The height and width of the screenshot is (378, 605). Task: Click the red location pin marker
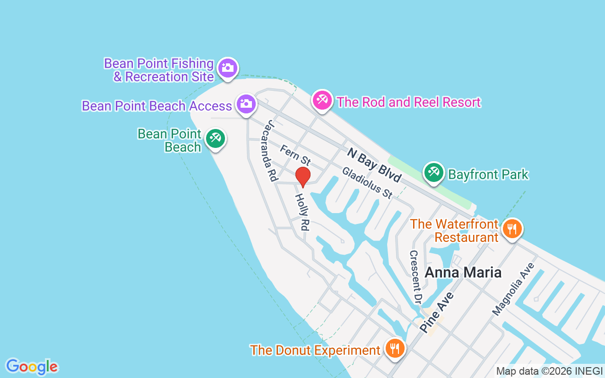(x=303, y=177)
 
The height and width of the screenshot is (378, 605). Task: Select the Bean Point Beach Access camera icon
(x=246, y=103)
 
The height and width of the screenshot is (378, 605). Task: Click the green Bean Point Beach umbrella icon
(x=216, y=138)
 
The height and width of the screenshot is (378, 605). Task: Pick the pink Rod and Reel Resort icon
(x=322, y=100)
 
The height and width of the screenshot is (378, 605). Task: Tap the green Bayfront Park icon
(x=433, y=172)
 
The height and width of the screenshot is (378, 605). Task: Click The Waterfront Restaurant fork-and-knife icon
(x=511, y=229)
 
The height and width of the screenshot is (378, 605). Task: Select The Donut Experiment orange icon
(x=394, y=348)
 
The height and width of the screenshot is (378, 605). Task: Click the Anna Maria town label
(x=463, y=273)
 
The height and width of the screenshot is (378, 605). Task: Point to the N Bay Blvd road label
(x=374, y=165)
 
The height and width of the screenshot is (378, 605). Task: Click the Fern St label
(x=295, y=155)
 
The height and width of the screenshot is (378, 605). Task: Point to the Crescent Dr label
(x=415, y=277)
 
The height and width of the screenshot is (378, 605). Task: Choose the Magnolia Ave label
(x=513, y=289)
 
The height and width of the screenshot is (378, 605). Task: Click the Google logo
(x=32, y=367)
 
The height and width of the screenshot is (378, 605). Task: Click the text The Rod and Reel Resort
(x=409, y=102)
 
